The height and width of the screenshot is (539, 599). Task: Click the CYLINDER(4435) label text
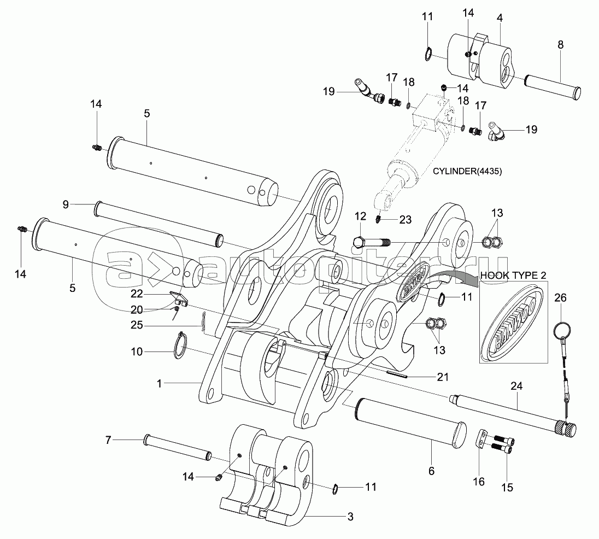pos(467,171)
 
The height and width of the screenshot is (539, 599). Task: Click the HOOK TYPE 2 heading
pos(513,275)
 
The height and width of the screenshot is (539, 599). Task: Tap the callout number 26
pos(560,297)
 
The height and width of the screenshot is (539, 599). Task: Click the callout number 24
pos(516,386)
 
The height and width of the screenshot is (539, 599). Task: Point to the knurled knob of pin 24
pos(566,429)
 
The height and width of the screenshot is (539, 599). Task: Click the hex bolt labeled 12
pos(371,243)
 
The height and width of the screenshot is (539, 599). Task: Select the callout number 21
pos(443,377)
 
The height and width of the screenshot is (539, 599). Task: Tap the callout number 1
pos(160,383)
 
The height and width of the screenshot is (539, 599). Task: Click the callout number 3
pos(350,517)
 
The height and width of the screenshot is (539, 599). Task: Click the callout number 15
pos(507,488)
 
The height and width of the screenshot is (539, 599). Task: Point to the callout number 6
pos(431,471)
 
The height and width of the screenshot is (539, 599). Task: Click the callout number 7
pos(108,440)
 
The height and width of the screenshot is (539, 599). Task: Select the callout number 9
pos(66,204)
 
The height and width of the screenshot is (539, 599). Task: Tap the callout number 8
pos(560,45)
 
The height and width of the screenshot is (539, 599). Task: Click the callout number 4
pos(500,17)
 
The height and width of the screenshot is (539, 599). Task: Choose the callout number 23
pos(406,219)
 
